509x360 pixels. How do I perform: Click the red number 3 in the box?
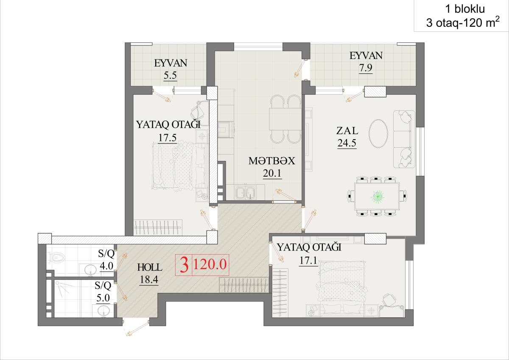click(x=184, y=264)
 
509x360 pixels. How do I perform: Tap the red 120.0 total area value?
click(x=210, y=264)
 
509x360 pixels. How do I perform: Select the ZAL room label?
click(x=347, y=131)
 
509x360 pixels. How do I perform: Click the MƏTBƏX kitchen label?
click(x=272, y=161)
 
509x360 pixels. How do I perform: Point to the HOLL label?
click(x=150, y=267)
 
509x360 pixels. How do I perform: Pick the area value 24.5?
click(x=347, y=143)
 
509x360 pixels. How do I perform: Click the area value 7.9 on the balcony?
click(x=366, y=68)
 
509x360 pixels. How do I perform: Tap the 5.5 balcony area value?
click(x=170, y=75)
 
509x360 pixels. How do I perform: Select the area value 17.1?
click(x=308, y=260)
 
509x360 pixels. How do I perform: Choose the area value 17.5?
click(x=168, y=138)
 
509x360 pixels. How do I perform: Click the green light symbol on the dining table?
click(x=378, y=196)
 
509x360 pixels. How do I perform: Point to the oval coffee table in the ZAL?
click(x=378, y=133)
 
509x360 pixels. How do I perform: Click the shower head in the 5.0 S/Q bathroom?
click(x=58, y=283)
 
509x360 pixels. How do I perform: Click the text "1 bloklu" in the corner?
click(x=465, y=9)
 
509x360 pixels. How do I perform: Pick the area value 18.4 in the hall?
click(x=149, y=279)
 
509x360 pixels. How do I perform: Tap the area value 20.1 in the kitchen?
click(x=272, y=173)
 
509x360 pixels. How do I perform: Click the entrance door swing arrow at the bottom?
click(x=136, y=329)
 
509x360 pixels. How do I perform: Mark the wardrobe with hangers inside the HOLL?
click(x=244, y=285)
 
